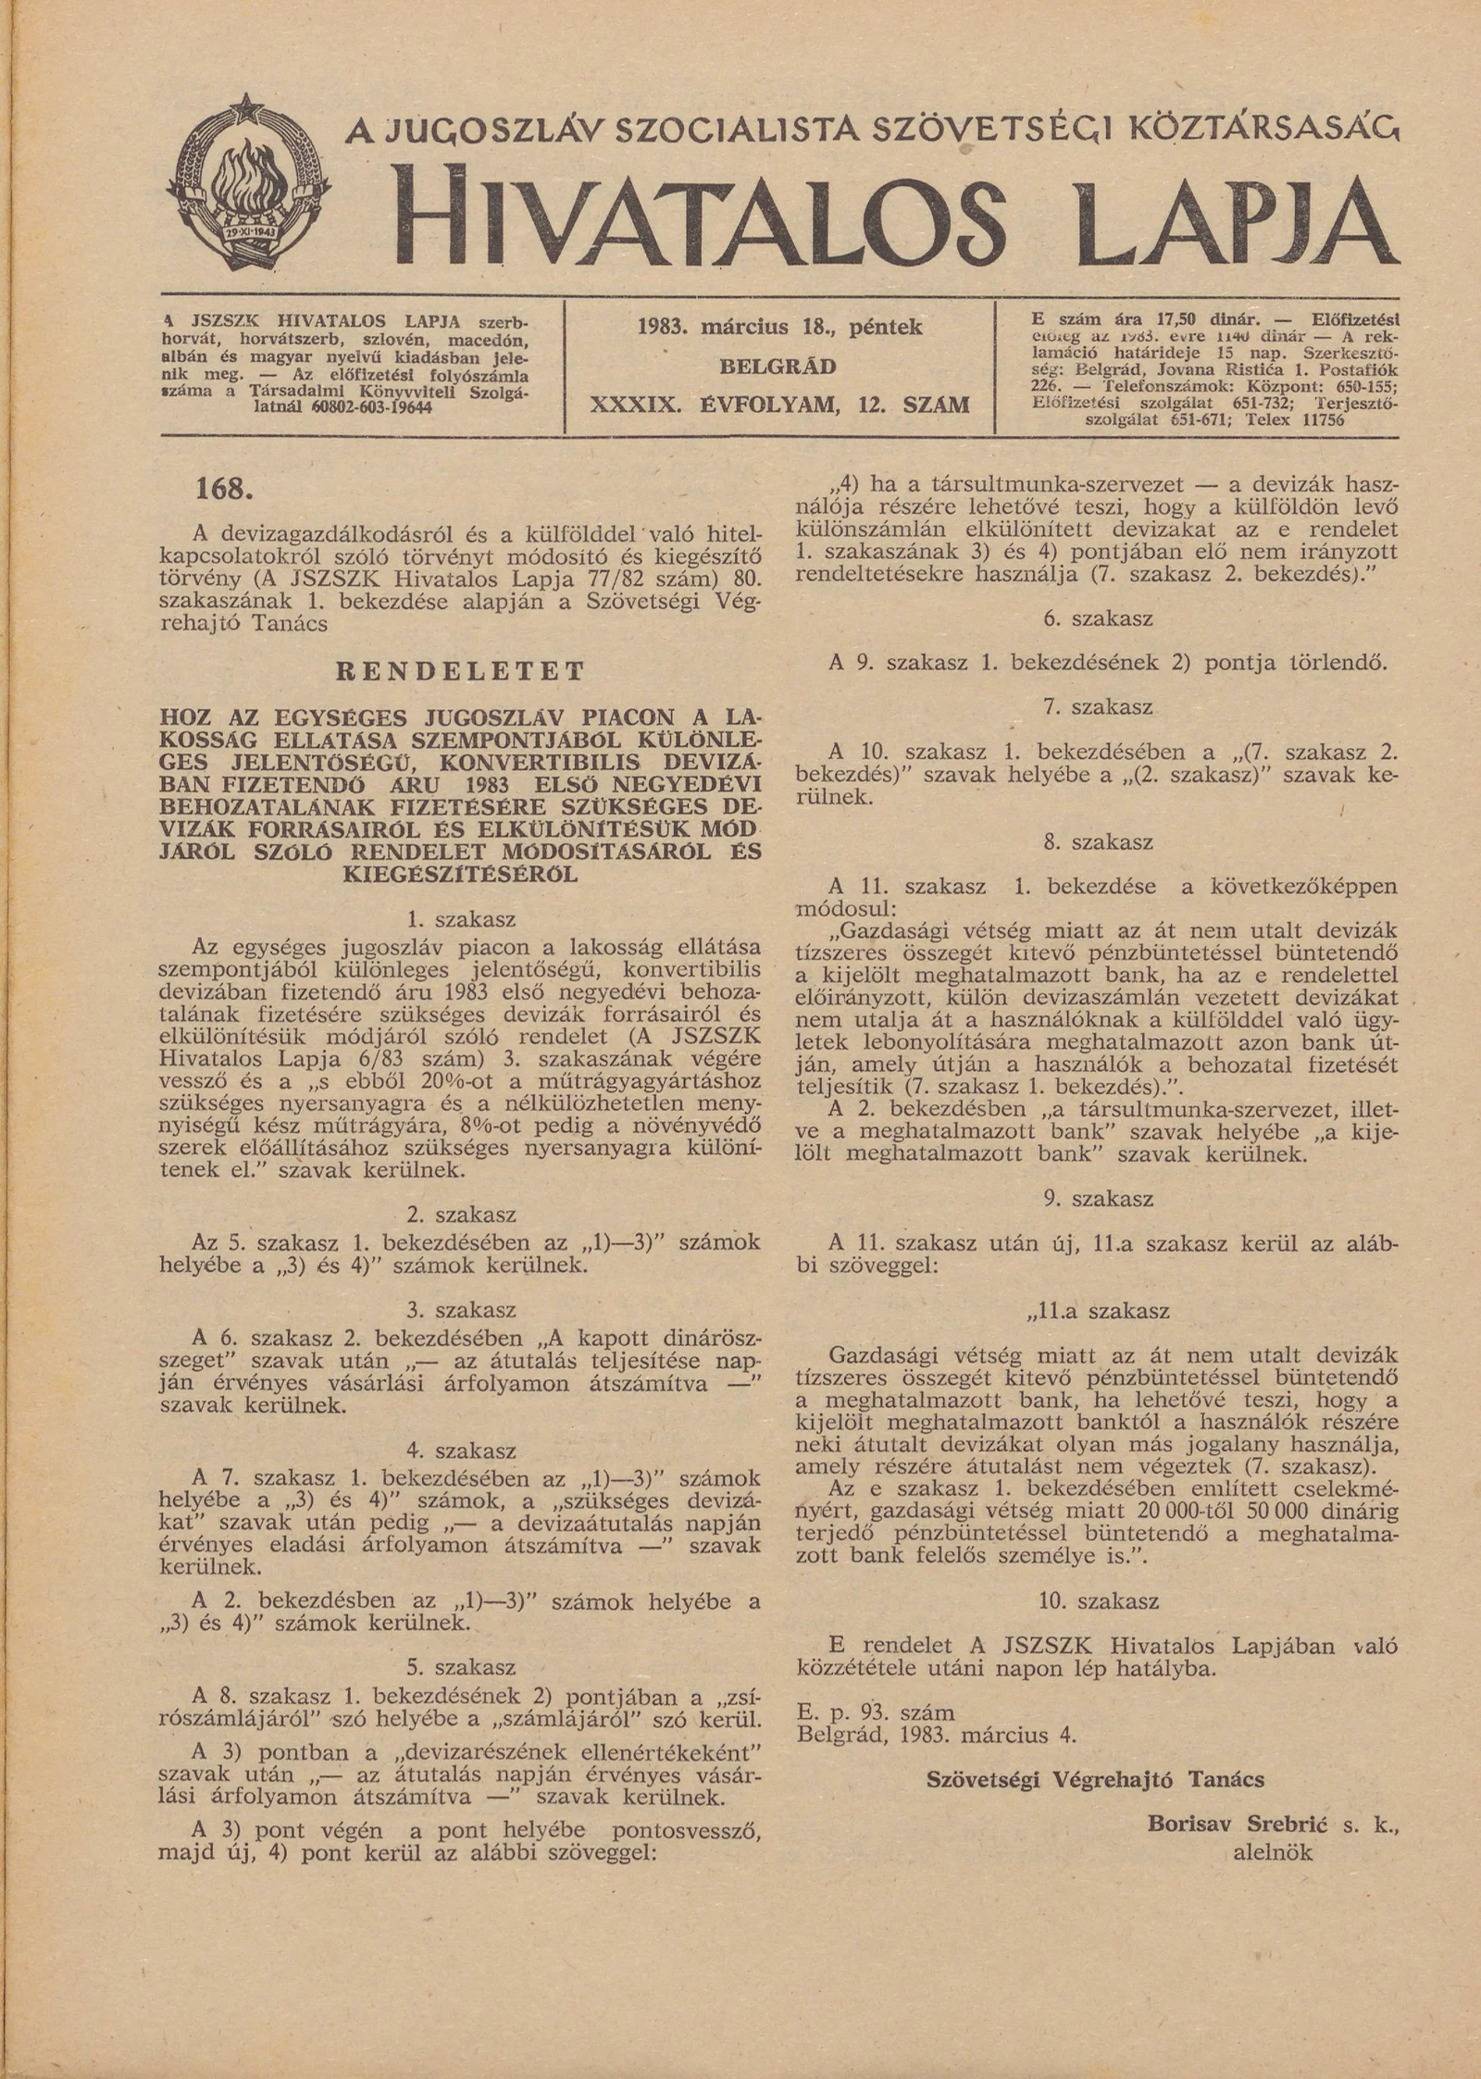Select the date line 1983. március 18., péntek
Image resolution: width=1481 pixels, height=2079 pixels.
[x=780, y=327]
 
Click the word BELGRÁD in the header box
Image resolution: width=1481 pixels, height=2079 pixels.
[x=778, y=367]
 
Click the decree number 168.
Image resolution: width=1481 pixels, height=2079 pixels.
[x=224, y=488]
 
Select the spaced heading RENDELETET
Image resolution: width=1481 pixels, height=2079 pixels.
[x=460, y=671]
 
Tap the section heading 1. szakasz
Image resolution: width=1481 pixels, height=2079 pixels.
[x=460, y=920]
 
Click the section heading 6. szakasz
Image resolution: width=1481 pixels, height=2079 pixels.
[x=1098, y=618]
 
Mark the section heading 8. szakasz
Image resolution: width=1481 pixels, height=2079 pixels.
[x=1098, y=842]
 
